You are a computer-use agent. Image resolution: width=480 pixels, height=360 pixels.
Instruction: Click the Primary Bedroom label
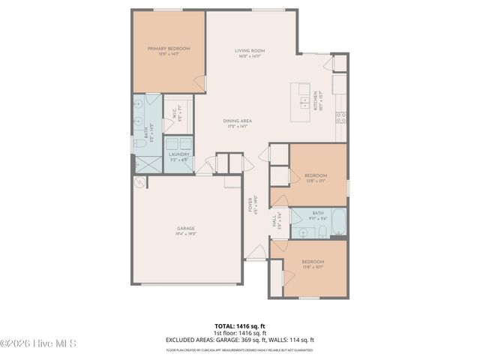169,51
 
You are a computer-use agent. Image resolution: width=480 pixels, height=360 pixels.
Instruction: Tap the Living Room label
250,53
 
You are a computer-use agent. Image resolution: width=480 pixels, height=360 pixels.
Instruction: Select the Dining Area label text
237,124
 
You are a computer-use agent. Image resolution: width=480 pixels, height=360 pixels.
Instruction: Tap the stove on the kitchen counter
340,116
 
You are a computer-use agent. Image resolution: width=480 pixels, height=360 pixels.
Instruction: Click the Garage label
186,230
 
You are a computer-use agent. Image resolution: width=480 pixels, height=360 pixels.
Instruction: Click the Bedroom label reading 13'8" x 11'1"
315,178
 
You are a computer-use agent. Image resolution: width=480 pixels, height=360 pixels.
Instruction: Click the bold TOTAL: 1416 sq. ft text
240,326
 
